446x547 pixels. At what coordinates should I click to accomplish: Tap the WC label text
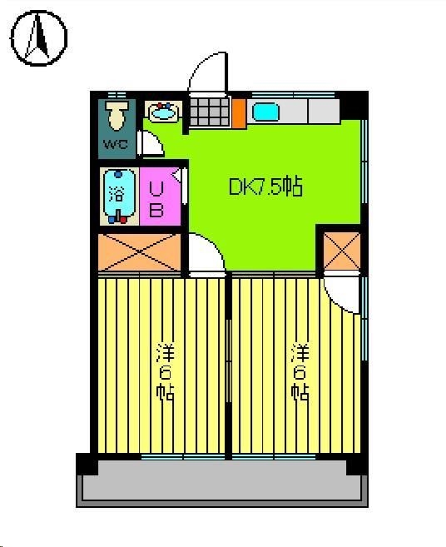114,144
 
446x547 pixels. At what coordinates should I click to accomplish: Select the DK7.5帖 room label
265,186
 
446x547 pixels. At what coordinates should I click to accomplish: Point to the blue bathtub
118,196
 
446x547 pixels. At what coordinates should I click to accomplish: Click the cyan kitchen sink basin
265,111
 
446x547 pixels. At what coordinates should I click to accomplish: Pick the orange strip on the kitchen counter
238,112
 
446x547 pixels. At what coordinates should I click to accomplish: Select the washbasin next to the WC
162,112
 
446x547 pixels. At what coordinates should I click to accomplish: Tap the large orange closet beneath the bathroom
139,251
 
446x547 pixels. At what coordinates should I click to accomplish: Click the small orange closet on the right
341,251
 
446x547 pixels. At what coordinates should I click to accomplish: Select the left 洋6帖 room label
164,370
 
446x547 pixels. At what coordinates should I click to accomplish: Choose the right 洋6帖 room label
300,370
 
